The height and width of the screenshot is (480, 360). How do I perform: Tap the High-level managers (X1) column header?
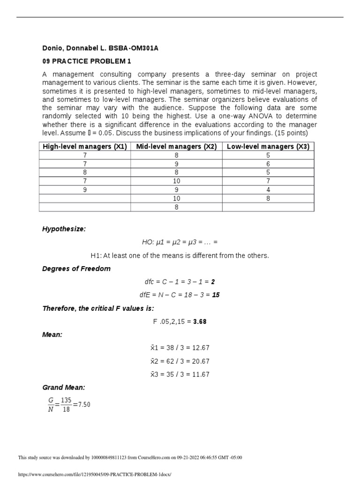pos(85,147)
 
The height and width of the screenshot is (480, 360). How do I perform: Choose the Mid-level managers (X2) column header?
pos(176,147)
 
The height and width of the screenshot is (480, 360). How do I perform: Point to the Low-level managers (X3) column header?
pos(268,147)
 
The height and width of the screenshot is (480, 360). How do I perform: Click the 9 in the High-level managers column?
pos(85,190)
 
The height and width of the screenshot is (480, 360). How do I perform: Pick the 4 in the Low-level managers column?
pos(268,190)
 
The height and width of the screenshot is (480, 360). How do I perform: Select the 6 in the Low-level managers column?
pos(268,164)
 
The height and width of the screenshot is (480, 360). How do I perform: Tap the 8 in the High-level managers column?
pos(85,172)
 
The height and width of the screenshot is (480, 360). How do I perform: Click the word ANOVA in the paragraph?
pos(250,116)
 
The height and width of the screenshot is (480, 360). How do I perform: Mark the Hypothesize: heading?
pos(64,229)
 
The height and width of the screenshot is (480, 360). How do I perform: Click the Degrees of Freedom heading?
pos(76,269)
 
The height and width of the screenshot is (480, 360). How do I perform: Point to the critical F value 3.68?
pos(200,322)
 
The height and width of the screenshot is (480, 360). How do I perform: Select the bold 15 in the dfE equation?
pos(216,295)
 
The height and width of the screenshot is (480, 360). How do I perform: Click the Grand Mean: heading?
pos(64,388)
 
